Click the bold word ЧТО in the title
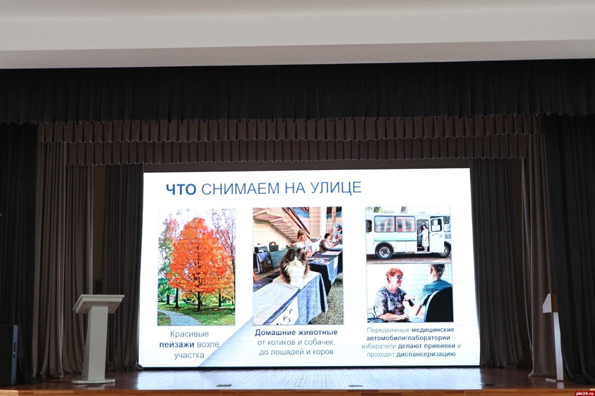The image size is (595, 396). (181, 189)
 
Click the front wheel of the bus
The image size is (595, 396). (385, 252)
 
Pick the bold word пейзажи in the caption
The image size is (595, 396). (177, 345)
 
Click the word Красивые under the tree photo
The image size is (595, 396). (190, 334)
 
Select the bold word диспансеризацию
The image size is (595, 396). (426, 354)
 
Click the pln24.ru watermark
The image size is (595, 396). (584, 393)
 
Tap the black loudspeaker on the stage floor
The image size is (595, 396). (8, 355)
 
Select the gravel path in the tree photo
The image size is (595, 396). (178, 317)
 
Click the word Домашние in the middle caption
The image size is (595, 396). (275, 332)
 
